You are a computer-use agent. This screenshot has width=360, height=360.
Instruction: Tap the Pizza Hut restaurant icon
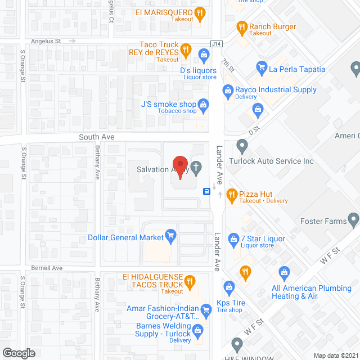231,195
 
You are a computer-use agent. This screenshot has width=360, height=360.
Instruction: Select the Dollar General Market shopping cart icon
170,235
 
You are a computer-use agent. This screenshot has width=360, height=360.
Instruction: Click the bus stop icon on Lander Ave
207,192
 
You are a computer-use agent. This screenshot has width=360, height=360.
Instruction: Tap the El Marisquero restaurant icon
200,12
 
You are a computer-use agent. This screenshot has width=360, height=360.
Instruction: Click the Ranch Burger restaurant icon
241,26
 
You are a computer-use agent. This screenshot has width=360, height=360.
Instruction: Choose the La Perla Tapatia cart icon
261,69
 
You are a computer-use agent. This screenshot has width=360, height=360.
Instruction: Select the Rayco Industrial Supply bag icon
228,89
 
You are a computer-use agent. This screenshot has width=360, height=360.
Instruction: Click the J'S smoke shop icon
203,104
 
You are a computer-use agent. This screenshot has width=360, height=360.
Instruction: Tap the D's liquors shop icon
203,55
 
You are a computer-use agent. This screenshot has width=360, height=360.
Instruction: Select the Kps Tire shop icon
228,288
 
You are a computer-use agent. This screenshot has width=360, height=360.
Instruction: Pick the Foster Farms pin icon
354,218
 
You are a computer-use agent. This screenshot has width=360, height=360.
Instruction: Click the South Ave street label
97,137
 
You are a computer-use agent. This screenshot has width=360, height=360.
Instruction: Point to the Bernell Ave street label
47,268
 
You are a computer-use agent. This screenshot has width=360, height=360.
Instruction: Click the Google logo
19,353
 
